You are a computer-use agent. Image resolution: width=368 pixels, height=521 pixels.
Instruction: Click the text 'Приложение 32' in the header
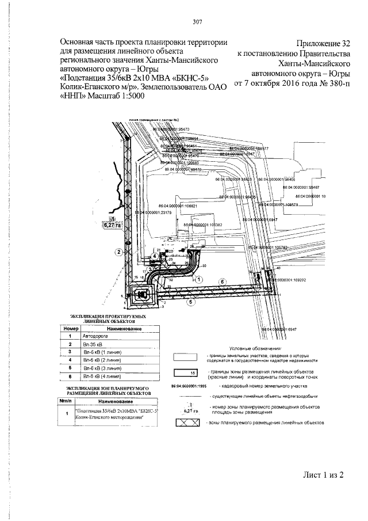324,43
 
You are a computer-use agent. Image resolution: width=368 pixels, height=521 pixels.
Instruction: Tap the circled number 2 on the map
117,252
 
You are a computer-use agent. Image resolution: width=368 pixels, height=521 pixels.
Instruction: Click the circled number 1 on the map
199,279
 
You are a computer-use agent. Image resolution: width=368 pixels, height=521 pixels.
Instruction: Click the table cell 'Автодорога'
95,335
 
